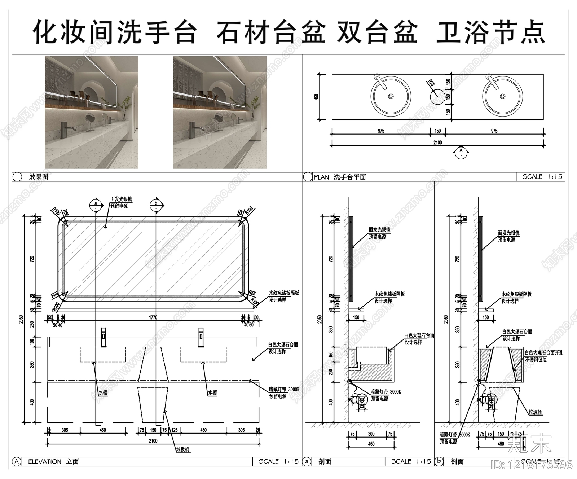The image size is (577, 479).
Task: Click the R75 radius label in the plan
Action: [431, 83]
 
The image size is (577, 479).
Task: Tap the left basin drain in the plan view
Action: [391, 96]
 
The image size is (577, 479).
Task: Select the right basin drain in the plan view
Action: [502, 96]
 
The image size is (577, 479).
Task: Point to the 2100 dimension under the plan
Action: [437, 142]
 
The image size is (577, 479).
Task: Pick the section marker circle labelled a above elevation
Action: [96, 205]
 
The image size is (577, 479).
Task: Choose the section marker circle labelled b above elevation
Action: [156, 205]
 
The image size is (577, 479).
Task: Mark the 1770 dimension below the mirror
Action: [153, 317]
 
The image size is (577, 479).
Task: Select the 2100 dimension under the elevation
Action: [153, 440]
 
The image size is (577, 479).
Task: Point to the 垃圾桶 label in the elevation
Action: [182, 449]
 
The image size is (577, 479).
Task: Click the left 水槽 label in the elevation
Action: [103, 392]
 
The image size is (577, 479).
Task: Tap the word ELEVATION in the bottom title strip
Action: [45, 462]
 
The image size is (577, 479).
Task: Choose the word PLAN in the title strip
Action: [321, 177]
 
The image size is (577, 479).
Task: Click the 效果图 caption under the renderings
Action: [39, 177]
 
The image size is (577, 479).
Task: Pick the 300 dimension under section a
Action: [371, 434]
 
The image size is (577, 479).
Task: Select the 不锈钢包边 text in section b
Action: [536, 360]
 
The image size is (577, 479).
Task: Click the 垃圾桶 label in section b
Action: [535, 412]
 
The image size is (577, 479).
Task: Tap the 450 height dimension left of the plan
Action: [317, 97]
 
